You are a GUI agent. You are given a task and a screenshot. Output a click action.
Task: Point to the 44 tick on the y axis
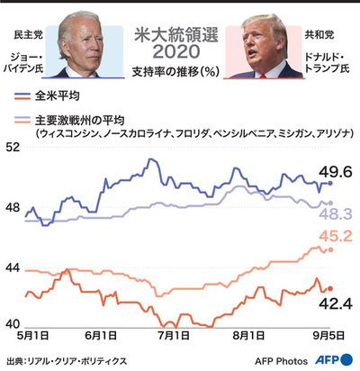click(x=13, y=267)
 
